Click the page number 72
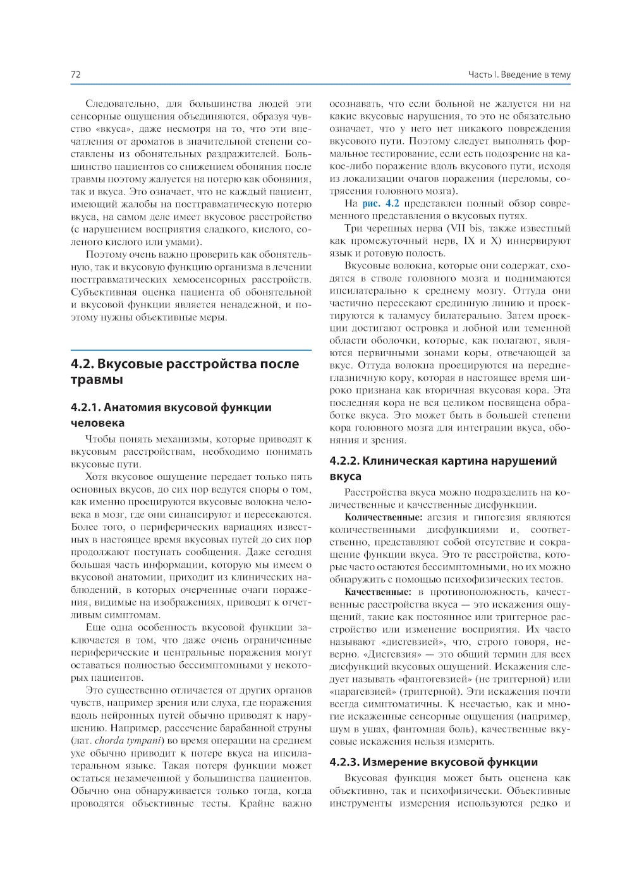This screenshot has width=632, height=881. pyautogui.click(x=75, y=75)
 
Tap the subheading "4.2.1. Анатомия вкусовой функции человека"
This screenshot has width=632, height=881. pyautogui.click(x=171, y=415)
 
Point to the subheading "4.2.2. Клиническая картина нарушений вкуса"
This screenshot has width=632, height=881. pyautogui.click(x=443, y=468)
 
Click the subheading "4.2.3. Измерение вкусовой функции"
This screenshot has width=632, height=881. pyautogui.click(x=434, y=762)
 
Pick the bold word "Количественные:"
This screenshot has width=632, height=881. pyautogui.click(x=378, y=517)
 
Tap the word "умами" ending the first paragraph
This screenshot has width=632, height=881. pyautogui.click(x=184, y=241)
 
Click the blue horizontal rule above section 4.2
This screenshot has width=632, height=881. pyautogui.click(x=191, y=350)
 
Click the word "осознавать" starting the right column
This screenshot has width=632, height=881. pyautogui.click(x=356, y=104)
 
